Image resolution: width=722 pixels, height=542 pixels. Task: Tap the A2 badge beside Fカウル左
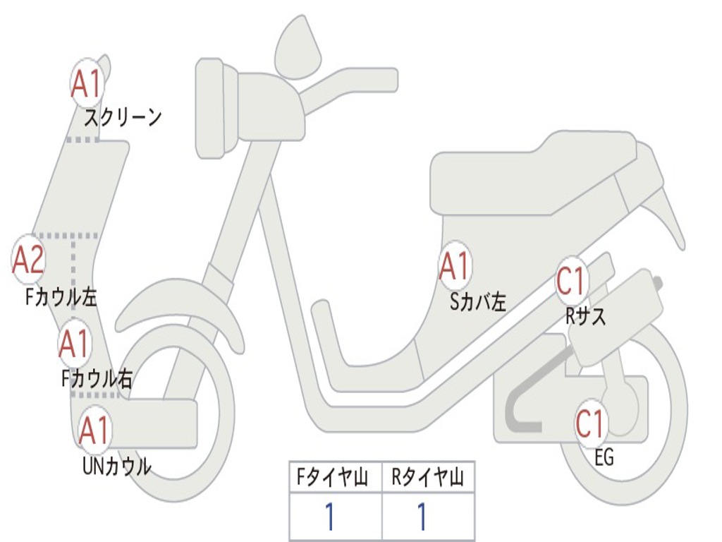pos(29,260)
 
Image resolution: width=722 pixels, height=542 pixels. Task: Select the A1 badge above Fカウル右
pos(74,344)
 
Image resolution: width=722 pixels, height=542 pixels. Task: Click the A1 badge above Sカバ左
pos(455,267)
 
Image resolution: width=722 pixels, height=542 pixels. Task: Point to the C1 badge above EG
pos(590,424)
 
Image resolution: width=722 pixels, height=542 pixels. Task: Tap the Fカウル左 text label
pos(61,297)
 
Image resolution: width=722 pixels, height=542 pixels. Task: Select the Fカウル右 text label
pos(97,380)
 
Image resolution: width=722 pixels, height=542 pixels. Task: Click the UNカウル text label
pos(116,466)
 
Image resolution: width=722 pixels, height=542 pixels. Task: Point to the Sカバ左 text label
pos(479,302)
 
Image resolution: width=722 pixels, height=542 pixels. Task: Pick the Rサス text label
pos(585,317)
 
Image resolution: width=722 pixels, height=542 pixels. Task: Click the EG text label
pos(604,458)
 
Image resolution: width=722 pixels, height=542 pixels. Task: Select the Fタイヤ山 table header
pos(335,479)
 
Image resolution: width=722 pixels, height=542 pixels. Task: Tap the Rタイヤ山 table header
pos(428,479)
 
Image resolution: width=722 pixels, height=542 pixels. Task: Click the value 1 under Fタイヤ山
pos(329,517)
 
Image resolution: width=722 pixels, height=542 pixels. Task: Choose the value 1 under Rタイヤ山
pos(422,517)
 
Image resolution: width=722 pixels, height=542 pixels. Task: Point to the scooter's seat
pos(536,173)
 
